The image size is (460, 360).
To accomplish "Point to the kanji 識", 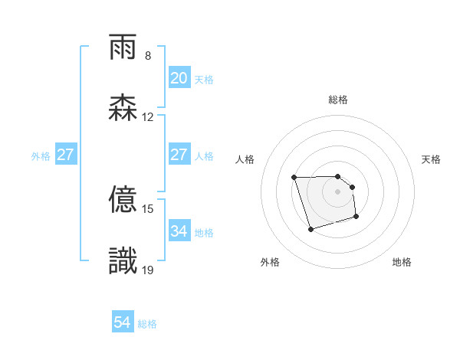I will pos(123,261).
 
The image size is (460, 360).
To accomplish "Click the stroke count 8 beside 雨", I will pos(148,56).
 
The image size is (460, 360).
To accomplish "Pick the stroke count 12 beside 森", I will pos(148,117).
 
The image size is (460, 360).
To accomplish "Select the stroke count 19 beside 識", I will pos(148,270).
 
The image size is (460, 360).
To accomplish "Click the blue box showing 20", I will pos(179,78).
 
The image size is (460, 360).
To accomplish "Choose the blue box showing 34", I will pos(179,231).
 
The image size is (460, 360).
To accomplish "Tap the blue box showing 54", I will pos(123,323).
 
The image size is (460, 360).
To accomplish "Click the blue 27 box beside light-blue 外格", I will pos(66,155).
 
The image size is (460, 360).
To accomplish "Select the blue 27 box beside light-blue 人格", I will pos(179,155).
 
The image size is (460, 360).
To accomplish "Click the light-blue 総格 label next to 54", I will pos(147,324).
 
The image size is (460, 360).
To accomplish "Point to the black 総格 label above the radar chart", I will pos(338,100).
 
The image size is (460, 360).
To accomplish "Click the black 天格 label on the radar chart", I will pos(432,159).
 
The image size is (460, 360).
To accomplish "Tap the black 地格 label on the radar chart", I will pos(402,262).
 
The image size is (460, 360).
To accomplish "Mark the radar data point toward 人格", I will pos(294,178).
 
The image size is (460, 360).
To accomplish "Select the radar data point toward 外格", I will pos(310,229).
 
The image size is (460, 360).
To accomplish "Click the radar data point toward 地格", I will pos(357,218).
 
